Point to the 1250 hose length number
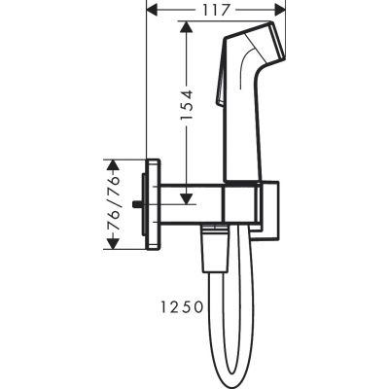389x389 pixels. [179, 305]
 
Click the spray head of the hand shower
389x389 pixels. [258, 44]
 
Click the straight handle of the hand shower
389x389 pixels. [246, 126]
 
